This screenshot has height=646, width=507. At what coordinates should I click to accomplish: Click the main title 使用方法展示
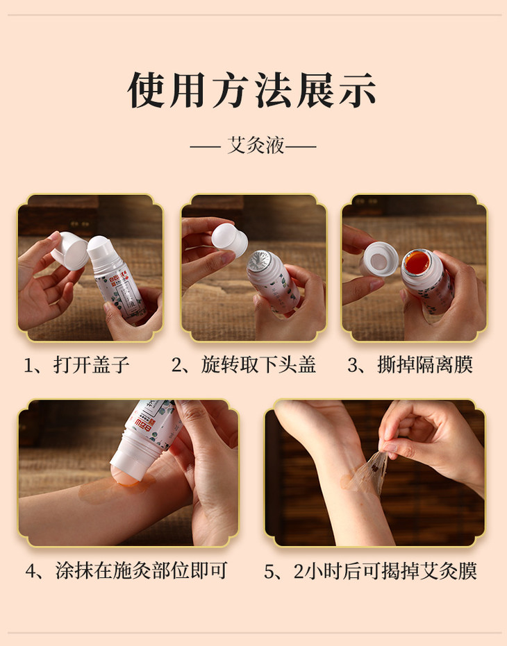point(252,90)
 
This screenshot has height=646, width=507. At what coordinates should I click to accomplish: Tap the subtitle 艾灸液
point(256,146)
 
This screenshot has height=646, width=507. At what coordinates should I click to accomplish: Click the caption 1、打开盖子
point(76,365)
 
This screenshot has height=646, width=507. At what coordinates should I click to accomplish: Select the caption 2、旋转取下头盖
point(243,365)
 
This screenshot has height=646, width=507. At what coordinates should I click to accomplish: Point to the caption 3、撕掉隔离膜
point(410,365)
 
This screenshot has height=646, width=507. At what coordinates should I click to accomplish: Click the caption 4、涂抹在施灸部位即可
point(126,570)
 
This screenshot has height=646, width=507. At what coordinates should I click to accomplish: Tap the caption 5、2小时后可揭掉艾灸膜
point(370,571)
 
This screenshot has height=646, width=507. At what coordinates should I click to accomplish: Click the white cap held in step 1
point(70,251)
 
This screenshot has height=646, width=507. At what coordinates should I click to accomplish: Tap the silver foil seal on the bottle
point(260,262)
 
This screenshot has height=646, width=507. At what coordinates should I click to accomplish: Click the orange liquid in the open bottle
point(417,262)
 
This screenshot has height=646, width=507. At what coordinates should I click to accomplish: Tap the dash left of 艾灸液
point(205,146)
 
